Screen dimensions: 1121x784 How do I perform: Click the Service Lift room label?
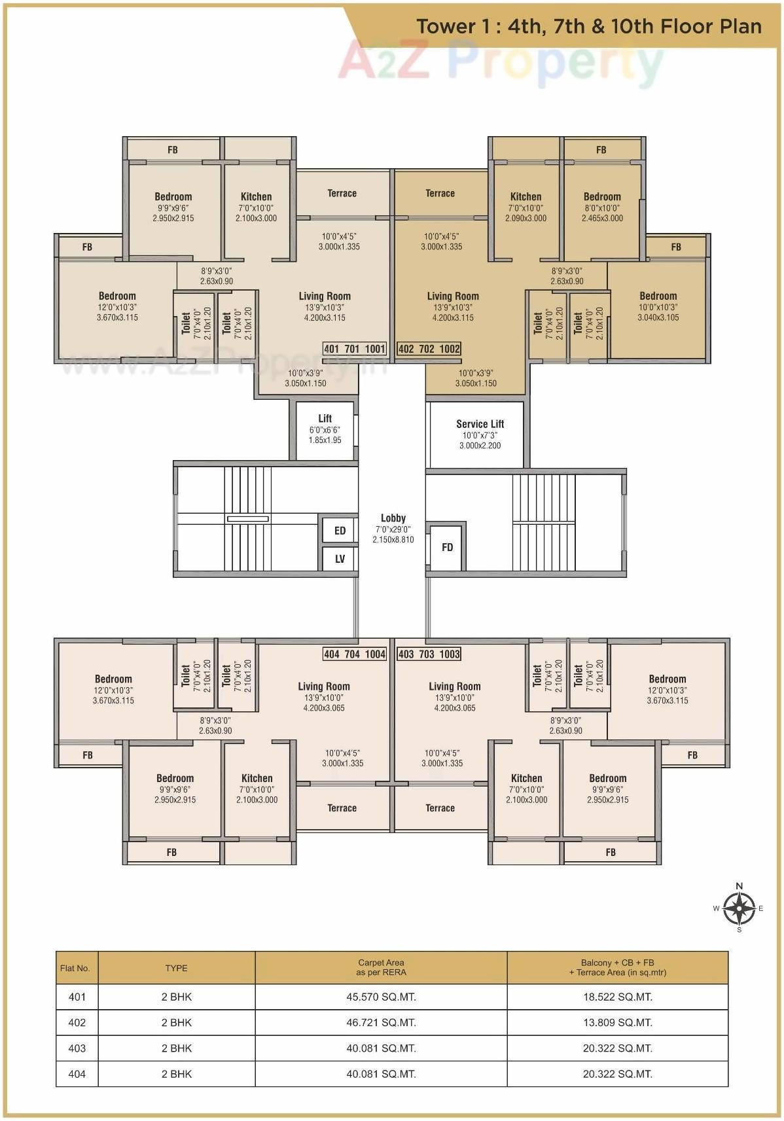point(480,424)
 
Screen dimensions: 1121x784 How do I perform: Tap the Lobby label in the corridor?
point(393,518)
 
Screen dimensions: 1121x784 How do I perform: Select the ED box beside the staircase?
point(340,531)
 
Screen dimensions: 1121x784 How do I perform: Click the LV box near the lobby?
point(340,559)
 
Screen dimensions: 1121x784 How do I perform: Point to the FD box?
point(447,547)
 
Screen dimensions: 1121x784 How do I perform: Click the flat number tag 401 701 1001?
point(355,349)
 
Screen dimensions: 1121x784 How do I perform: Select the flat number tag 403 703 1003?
point(429,654)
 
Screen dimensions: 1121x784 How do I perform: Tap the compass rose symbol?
point(739,908)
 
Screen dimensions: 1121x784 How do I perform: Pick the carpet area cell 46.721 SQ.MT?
point(381,1022)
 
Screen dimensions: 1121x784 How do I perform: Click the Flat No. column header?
point(75,968)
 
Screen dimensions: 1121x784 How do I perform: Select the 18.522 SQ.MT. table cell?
point(617,997)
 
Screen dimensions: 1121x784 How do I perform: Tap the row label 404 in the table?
point(77,1073)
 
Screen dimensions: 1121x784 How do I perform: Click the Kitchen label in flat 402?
point(526,196)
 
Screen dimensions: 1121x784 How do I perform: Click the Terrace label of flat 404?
point(342,808)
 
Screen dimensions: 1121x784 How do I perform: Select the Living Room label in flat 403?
point(454,686)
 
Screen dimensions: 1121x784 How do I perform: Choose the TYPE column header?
point(176,968)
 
